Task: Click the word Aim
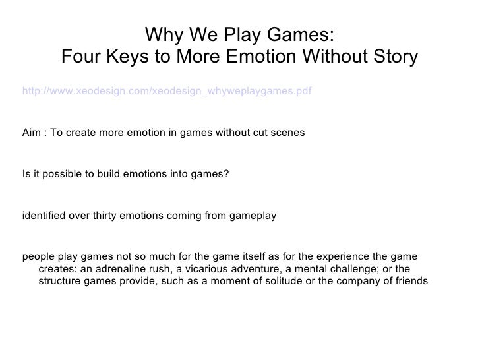click(31, 133)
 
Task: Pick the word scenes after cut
click(289, 133)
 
